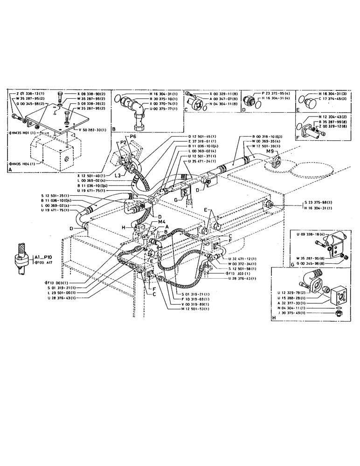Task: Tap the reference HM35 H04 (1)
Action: tap(24, 164)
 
